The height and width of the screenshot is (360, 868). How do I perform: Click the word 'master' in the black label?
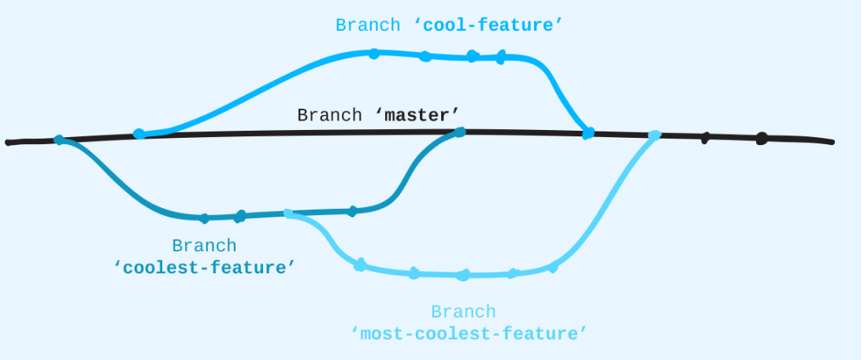coord(422,115)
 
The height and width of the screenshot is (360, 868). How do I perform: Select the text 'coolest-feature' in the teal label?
coord(204,268)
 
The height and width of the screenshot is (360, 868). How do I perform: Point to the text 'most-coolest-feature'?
coord(469,334)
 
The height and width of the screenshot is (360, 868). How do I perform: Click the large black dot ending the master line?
coord(762,139)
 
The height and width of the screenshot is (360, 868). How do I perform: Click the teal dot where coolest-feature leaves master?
coord(58,140)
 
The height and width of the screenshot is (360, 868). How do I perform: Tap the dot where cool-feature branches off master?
coord(139,134)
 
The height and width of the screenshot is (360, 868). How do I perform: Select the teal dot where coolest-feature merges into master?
coord(461,132)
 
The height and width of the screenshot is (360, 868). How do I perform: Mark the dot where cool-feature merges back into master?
coord(588,134)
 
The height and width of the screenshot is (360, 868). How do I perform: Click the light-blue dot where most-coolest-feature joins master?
coord(654,135)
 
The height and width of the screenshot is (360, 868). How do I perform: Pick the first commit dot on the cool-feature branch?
coord(374,54)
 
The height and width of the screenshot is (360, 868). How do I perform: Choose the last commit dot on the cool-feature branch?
coord(501,57)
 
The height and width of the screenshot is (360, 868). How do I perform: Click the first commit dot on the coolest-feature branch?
coord(204,218)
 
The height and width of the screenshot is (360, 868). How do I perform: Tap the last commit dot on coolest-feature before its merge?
coord(352,211)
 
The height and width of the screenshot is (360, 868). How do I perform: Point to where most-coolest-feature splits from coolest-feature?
coord(287,213)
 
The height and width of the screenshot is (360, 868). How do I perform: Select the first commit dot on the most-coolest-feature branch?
coord(360,265)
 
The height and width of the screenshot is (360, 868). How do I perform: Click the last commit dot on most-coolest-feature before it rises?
coord(553,268)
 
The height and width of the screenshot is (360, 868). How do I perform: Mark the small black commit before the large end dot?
coord(706,138)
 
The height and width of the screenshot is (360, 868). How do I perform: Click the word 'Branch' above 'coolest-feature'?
coord(204,246)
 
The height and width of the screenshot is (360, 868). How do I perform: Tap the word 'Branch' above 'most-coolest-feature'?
coord(463,312)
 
